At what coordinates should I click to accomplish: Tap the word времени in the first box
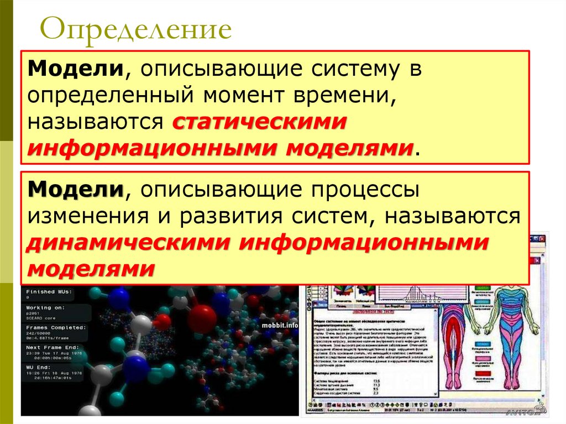(349, 97)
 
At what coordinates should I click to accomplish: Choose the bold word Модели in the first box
(76, 70)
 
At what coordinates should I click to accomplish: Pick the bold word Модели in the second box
(76, 190)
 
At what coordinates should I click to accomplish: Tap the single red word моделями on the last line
(91, 269)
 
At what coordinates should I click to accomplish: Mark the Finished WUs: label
(49, 291)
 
